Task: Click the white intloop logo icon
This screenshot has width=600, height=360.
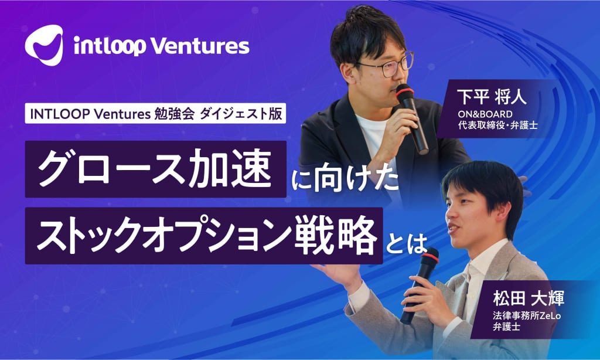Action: (x=44, y=45)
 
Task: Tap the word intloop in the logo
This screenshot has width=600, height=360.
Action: (x=110, y=46)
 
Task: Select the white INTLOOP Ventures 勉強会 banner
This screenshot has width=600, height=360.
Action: (x=155, y=114)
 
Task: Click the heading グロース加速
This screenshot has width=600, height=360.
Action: (x=155, y=169)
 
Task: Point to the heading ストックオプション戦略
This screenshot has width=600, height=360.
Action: (x=204, y=236)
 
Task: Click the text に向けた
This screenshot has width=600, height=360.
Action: (x=345, y=182)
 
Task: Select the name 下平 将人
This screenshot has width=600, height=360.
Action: (x=492, y=97)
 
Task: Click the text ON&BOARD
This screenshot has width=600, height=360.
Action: (x=485, y=114)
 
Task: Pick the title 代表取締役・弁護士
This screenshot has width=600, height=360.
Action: (x=497, y=125)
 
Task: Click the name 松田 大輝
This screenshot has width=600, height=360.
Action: (x=529, y=298)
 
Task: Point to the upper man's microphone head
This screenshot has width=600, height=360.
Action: (x=405, y=93)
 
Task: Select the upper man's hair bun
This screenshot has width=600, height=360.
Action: (x=358, y=15)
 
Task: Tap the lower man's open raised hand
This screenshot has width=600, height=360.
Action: (x=336, y=274)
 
